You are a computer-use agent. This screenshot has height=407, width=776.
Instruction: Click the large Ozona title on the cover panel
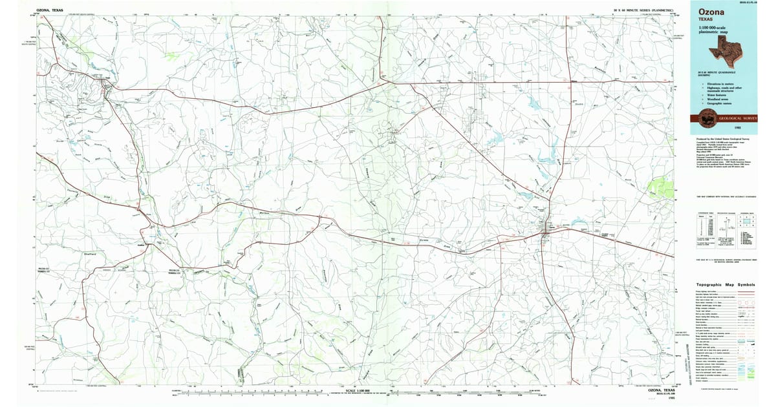711,12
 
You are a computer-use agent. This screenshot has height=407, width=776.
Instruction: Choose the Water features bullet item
713,94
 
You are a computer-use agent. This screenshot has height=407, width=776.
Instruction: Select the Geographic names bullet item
715,103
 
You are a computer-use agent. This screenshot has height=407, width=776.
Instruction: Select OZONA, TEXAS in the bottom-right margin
662,390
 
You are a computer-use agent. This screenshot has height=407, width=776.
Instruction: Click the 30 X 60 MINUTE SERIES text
643,10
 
